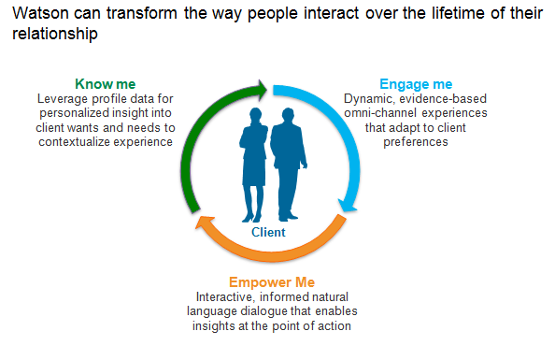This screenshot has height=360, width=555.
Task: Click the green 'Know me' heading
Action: (106, 84)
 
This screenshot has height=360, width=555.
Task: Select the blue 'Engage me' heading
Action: (416, 84)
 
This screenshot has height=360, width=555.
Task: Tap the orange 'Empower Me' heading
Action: (272, 282)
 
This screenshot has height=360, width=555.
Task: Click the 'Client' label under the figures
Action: (268, 232)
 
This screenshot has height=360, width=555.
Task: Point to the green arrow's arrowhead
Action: (263, 89)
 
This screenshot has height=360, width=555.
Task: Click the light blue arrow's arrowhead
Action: (348, 206)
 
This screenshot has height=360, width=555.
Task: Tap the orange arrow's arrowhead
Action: (206, 223)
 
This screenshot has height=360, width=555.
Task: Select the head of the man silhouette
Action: (288, 115)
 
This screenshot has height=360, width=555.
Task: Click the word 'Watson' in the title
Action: (40, 13)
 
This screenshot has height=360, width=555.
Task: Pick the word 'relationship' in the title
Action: (55, 35)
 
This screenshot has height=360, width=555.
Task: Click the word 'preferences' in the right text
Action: (416, 142)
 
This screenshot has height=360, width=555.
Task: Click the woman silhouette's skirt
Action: (254, 171)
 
